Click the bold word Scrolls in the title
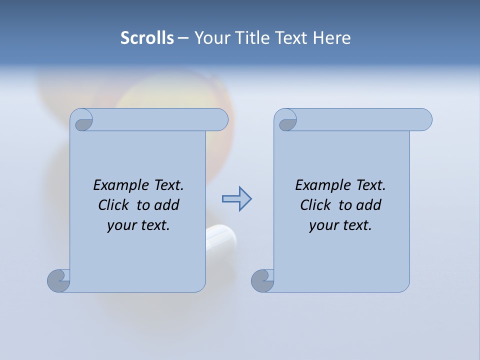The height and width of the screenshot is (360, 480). pos(147,38)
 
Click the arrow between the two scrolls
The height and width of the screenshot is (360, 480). pos(236,199)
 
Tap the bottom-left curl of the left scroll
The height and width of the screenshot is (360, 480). pos(58,280)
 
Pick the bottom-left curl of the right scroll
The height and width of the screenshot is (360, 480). pos(262,280)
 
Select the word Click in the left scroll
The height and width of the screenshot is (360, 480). pos(113,205)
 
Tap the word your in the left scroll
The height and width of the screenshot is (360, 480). pos(122,225)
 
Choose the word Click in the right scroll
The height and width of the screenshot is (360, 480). pos(315,205)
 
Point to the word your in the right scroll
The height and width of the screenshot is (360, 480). pos(324,225)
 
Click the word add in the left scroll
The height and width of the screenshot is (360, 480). pos(166,205)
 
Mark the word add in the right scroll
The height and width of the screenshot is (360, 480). pos(368,205)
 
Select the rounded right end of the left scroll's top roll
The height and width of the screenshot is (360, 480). pos(220,119)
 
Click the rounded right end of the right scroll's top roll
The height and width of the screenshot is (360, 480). pos(424,119)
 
